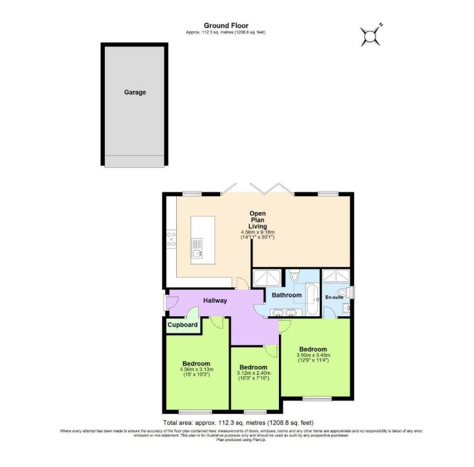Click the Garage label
coord(134,92)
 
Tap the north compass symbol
coord(370,35)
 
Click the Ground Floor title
coord(225,25)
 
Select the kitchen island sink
coord(198,247)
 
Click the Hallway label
coord(214,300)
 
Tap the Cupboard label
coord(183,325)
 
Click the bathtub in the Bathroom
coord(313,299)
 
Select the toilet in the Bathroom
coord(295,276)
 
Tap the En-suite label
coord(334,297)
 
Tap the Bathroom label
coord(286,295)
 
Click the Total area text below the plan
coord(237,422)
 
